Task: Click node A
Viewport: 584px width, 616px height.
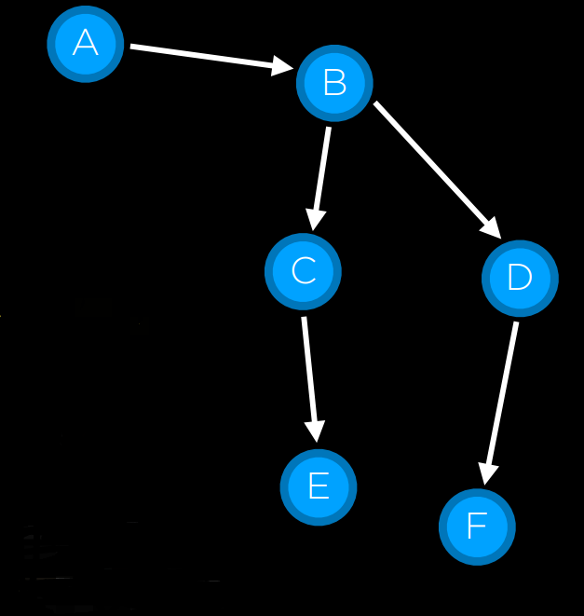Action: coord(86,43)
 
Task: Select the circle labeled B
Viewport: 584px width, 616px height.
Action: coord(334,83)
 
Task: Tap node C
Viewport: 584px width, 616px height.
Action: coord(303,271)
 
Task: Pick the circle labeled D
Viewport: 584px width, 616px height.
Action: coord(520,278)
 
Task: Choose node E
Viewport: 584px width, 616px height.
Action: coord(319,486)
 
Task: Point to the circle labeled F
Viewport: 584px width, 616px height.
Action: coord(477,527)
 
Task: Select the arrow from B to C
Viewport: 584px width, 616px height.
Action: coord(321,177)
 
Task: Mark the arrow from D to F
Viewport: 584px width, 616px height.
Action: coord(501,401)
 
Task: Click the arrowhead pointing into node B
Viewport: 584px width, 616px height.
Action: coord(282,66)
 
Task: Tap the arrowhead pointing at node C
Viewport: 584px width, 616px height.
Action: coord(316,219)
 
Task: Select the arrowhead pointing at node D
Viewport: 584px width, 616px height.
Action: coord(490,228)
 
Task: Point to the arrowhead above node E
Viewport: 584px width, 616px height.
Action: coord(316,430)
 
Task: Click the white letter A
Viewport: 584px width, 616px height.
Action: coord(86,43)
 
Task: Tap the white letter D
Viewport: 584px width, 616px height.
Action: coord(520,278)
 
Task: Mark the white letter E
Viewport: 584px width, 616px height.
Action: coord(319,486)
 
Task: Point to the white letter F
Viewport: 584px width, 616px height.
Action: coord(477,527)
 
